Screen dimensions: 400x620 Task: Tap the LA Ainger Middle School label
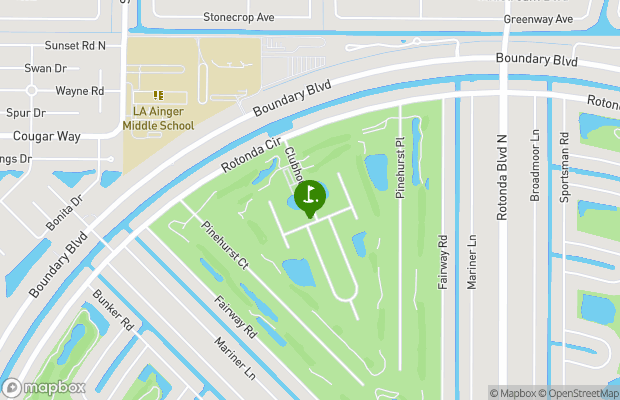click(x=157, y=118)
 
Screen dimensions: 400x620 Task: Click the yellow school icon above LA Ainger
click(x=157, y=95)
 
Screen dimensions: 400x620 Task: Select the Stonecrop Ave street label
click(x=238, y=18)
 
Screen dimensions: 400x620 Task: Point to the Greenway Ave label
click(x=538, y=19)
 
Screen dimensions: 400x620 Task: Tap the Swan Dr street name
click(x=45, y=68)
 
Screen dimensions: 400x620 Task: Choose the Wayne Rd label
click(x=80, y=90)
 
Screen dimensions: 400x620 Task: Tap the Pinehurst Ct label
click(x=225, y=246)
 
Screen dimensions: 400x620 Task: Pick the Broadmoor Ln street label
click(x=535, y=165)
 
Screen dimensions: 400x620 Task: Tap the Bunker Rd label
click(x=113, y=311)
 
